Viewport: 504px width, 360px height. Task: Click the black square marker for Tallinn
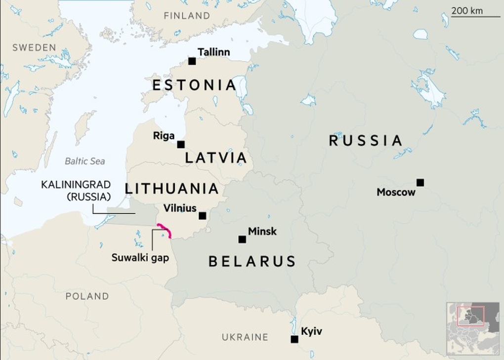point(192,61)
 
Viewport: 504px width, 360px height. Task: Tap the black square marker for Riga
point(181,145)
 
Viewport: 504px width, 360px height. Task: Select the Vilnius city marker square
point(202,216)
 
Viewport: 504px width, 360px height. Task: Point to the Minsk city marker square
point(242,240)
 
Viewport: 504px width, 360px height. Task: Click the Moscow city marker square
point(420,182)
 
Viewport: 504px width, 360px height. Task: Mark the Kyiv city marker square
point(294,339)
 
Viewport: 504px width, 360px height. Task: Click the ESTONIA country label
point(194,85)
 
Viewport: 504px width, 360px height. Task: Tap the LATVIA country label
point(215,158)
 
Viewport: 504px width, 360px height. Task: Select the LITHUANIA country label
point(172,189)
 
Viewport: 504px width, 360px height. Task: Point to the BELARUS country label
point(252,261)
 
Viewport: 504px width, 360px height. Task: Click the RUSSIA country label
point(366,141)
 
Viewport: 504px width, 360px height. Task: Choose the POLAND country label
point(87,296)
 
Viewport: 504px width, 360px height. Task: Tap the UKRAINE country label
point(245,337)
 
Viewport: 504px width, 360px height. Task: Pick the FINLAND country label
point(187,16)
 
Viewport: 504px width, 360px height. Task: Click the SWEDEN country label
point(34,47)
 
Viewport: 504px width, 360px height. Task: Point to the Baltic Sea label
point(84,161)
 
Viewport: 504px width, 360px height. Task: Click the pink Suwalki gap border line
point(165,230)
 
